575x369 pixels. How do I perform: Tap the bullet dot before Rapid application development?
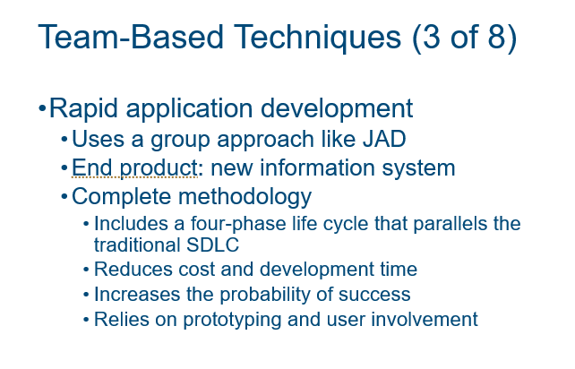pyautogui.click(x=41, y=110)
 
